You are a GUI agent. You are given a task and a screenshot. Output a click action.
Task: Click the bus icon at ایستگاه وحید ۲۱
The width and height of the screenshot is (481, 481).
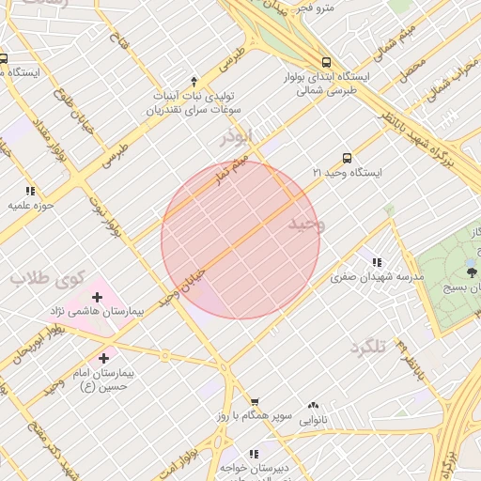coord(348,158)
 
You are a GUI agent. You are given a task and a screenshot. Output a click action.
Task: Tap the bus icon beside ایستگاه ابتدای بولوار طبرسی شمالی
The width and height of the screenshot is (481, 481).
coord(326,58)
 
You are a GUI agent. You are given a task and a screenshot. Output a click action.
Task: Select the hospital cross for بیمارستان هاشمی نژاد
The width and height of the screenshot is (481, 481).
coord(97,296)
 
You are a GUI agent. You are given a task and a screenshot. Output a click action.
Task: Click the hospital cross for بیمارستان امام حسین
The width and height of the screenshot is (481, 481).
coord(104,358)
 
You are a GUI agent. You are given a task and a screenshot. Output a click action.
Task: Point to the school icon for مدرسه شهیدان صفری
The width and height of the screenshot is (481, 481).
coord(377,262)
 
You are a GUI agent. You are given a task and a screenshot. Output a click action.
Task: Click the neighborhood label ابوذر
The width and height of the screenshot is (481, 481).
coord(237,137)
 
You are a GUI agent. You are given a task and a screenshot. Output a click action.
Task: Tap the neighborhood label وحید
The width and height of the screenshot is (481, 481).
coord(306,224)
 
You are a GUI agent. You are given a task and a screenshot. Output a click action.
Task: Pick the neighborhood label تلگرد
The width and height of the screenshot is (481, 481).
coord(368,348)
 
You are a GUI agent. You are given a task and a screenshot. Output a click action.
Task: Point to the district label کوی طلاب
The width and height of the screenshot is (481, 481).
coord(47,277)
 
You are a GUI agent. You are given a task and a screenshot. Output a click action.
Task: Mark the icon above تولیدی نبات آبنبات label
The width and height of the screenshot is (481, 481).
coord(194,81)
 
